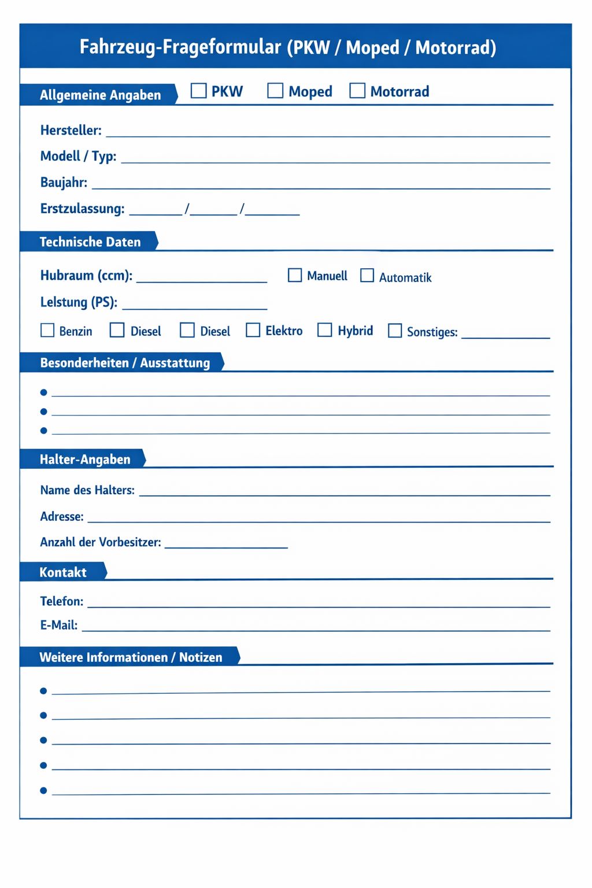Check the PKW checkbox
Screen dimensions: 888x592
(198, 91)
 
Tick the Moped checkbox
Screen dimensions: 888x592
(275, 91)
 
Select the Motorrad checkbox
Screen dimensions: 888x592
(357, 91)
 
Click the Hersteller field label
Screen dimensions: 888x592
(71, 131)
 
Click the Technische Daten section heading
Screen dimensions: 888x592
(90, 242)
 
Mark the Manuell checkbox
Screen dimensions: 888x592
(295, 275)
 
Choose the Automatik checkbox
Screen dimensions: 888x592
(367, 275)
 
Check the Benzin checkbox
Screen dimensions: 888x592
(47, 330)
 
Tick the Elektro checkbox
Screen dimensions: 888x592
(253, 330)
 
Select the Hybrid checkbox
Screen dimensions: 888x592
(325, 330)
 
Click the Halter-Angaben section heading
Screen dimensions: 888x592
(84, 460)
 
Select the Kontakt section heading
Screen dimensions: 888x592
(62, 572)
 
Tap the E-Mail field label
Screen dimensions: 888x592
(58, 625)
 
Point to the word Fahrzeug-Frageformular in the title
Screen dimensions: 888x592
(180, 47)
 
